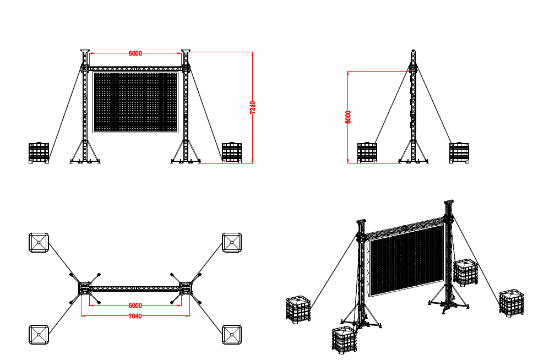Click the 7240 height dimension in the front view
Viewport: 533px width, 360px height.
point(252,107)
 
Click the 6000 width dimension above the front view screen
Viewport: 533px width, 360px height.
point(135,53)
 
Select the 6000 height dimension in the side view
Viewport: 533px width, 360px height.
point(348,117)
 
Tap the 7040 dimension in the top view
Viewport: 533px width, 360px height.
point(135,316)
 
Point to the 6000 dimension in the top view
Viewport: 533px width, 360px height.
point(135,306)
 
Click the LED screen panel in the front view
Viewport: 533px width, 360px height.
point(135,102)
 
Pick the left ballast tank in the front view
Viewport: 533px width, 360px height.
point(39,152)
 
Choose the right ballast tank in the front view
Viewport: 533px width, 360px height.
point(232,152)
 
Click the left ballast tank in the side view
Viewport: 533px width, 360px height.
point(367,152)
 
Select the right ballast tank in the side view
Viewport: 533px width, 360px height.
point(459,152)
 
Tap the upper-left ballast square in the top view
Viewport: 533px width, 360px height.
point(39,243)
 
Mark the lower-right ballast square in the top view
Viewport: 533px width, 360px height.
point(232,335)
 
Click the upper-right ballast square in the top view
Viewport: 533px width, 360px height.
point(232,243)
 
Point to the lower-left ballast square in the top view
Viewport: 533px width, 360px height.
point(39,335)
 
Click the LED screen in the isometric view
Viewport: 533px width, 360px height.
point(406,260)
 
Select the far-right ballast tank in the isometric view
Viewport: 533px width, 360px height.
point(512,303)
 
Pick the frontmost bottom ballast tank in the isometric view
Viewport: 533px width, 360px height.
point(345,340)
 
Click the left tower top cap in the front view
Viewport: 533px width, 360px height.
point(85,51)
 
